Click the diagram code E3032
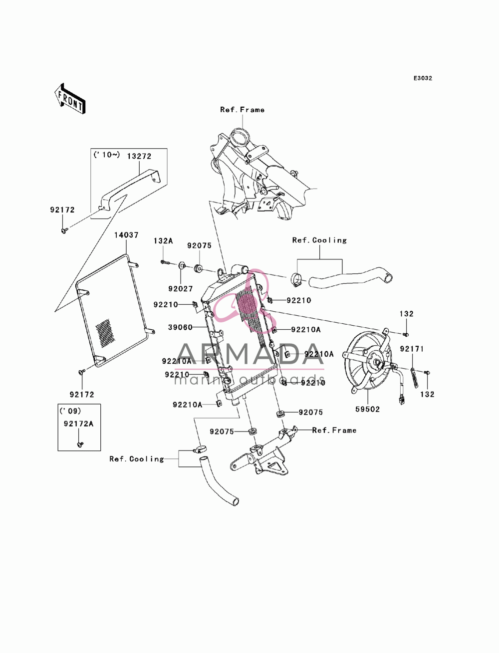[x=423, y=78]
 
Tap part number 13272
[x=139, y=156]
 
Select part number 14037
[x=126, y=235]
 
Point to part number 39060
[x=180, y=327]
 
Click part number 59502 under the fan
[x=367, y=410]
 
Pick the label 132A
[x=163, y=240]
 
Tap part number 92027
[x=180, y=288]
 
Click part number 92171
[x=412, y=349]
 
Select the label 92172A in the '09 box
[x=78, y=424]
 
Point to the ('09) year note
[x=70, y=411]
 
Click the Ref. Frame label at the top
[x=242, y=110]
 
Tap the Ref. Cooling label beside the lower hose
[x=137, y=459]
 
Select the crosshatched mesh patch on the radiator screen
[x=103, y=334]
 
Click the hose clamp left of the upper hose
[x=295, y=280]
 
